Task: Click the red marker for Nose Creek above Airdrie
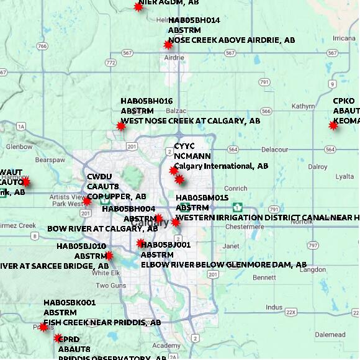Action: point(168,45)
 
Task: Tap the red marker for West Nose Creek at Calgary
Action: point(121,126)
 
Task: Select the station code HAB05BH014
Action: point(194,20)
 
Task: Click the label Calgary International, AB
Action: point(221,166)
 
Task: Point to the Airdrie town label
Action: point(174,58)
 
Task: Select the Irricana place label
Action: point(344,38)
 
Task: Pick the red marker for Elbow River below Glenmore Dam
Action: point(141,243)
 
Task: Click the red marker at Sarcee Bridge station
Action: point(109,255)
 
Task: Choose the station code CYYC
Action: point(184,146)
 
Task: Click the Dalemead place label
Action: point(330,335)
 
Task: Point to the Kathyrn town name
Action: point(303,107)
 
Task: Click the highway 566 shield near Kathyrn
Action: point(266,111)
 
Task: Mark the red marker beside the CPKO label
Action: point(333,125)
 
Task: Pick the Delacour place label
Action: point(274,150)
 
